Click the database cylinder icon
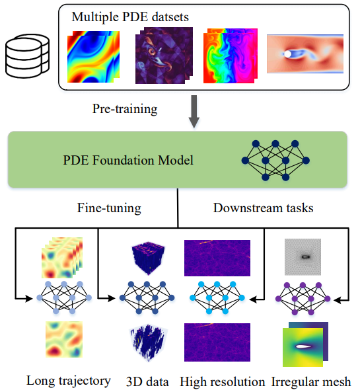28,56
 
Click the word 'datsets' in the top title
170,17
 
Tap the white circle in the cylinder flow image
287,54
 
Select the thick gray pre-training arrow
194,112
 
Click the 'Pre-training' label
125,109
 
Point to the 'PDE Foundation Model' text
128,160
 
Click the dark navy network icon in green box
275,160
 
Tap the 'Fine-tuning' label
109,208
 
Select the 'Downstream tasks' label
264,208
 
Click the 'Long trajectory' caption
69,381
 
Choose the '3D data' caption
147,381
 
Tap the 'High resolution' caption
223,381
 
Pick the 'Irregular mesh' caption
311,381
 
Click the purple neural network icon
303,299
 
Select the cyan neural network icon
217,297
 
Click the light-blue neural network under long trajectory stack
64,297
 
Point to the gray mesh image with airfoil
303,257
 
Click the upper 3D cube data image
148,258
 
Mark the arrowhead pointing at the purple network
338,300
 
